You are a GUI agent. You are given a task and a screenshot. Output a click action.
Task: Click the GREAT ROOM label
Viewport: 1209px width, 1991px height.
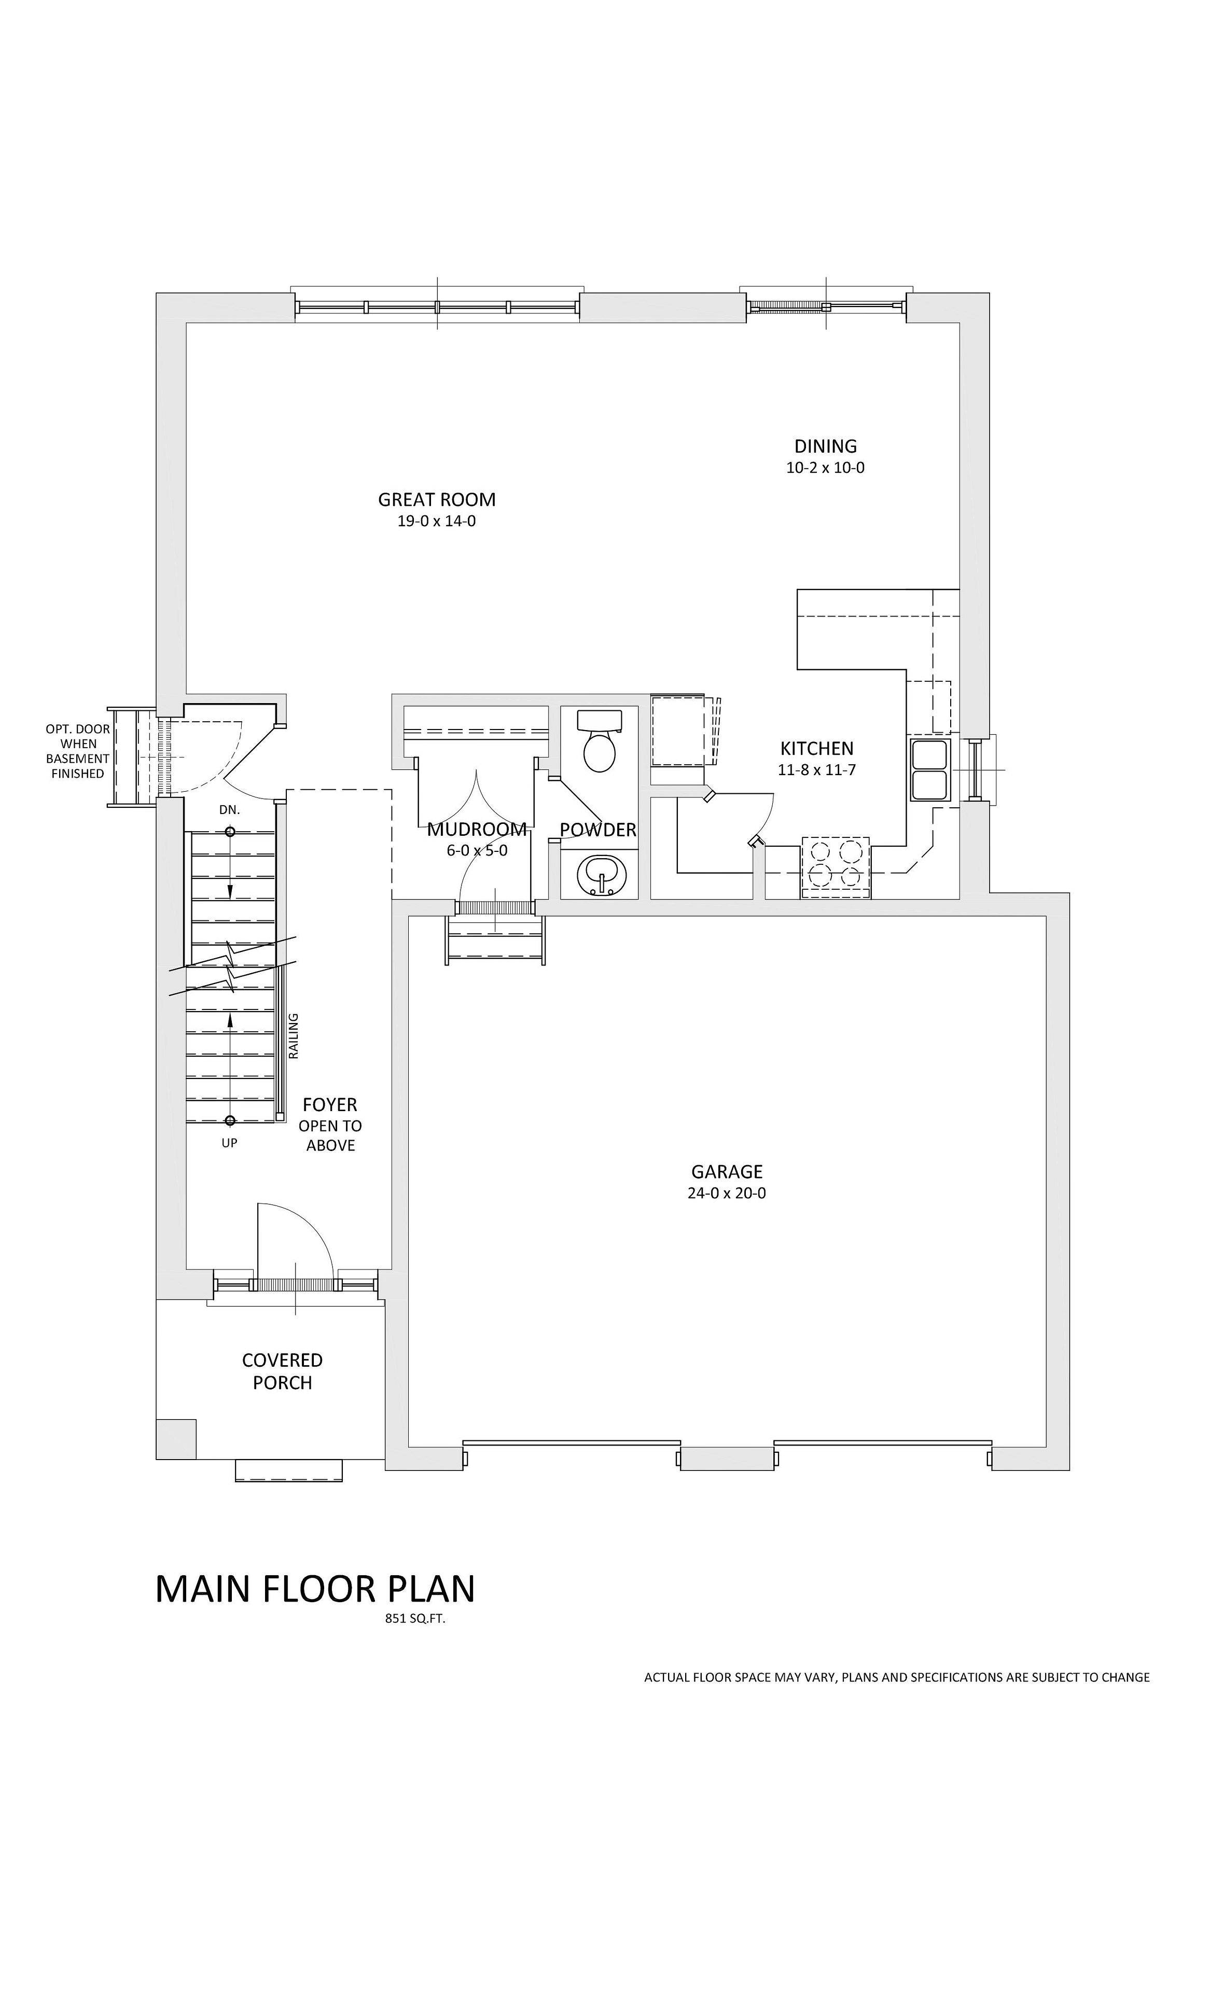point(436,499)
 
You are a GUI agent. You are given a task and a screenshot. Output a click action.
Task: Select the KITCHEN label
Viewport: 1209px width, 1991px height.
point(816,748)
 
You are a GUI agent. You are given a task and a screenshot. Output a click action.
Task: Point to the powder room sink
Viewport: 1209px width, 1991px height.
point(600,874)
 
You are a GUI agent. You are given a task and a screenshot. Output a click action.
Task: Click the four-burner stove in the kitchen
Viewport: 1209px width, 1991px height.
point(836,867)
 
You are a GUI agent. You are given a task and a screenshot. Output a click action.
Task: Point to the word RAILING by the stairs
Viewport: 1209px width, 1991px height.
point(294,1036)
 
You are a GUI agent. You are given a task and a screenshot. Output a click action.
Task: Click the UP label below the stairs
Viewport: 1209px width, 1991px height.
point(230,1143)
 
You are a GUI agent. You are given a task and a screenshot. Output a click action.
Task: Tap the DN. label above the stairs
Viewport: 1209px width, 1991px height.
point(230,809)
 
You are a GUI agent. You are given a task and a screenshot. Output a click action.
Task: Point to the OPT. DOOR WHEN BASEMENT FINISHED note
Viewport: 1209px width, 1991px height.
point(78,751)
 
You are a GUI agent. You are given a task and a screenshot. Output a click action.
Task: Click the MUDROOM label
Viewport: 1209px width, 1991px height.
point(477,829)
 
